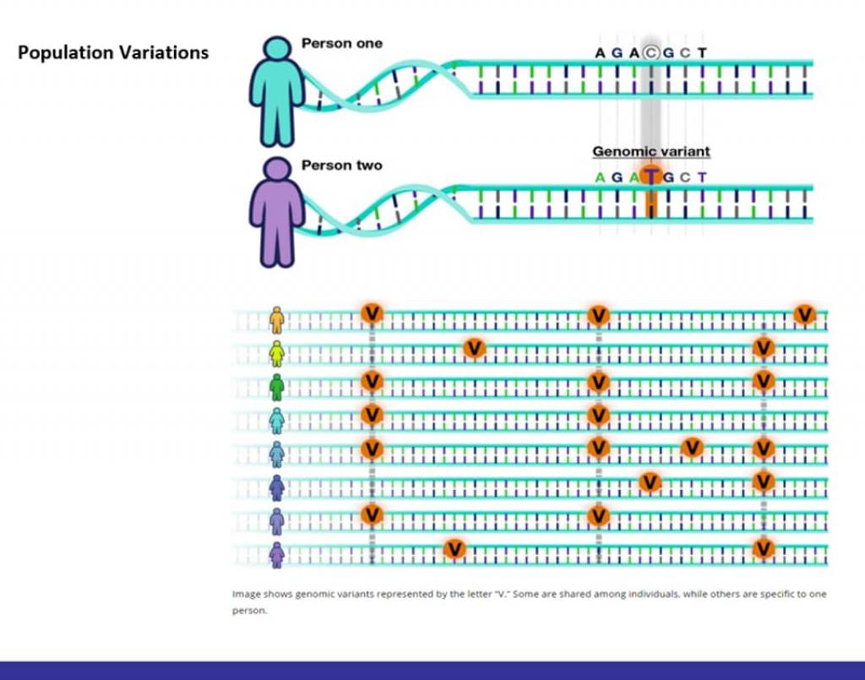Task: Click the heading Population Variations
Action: [x=113, y=52]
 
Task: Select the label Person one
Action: [x=341, y=43]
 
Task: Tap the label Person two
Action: [x=341, y=165]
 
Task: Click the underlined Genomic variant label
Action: [x=650, y=152]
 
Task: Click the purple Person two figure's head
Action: [x=276, y=170]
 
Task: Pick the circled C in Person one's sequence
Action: [x=650, y=52]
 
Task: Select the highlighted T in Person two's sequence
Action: [x=650, y=177]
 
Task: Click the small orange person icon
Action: [x=276, y=319]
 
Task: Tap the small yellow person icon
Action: [x=276, y=354]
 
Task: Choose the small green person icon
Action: [x=276, y=387]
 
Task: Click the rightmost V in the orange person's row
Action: [x=804, y=314]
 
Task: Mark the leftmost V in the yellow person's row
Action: [x=474, y=347]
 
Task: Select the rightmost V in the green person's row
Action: [x=764, y=381]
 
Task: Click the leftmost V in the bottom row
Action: [x=454, y=549]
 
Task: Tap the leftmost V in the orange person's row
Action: [x=372, y=313]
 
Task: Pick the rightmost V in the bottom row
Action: [x=764, y=549]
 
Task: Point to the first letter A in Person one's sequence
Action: [x=600, y=52]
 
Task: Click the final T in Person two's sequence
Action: [x=703, y=177]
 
